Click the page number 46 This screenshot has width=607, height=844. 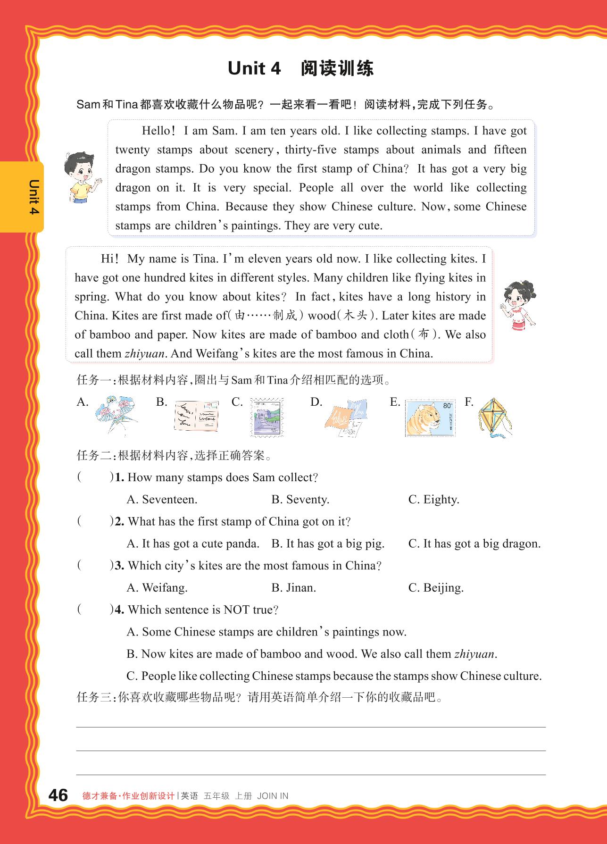[58, 795]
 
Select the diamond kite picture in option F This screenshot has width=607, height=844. [494, 418]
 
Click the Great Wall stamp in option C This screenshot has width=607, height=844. [267, 418]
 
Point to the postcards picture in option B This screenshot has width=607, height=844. [196, 417]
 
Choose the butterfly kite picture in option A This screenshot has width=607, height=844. [115, 415]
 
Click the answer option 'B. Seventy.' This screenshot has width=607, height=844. [300, 500]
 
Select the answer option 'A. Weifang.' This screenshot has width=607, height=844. [157, 588]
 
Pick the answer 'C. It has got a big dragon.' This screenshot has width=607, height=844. [474, 543]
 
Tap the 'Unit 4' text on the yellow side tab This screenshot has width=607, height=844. [34, 197]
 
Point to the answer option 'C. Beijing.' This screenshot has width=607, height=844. [436, 588]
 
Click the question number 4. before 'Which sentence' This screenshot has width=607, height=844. [119, 610]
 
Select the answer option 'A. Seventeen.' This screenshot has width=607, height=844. [162, 500]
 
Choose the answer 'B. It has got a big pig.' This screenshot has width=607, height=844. [328, 543]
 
